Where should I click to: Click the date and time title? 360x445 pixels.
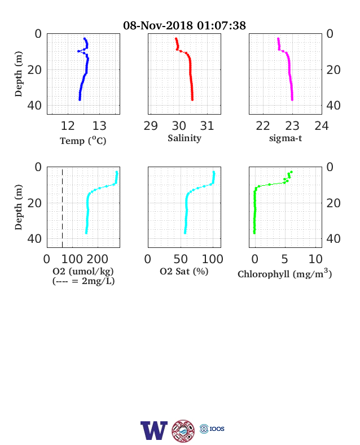pyautogui.click(x=185, y=25)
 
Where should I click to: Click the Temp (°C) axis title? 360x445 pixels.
pyautogui.click(x=83, y=141)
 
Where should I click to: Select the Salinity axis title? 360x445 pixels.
pyautogui.click(x=185, y=138)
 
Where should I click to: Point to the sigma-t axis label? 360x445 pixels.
pyautogui.click(x=286, y=138)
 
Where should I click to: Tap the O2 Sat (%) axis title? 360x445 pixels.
pyautogui.click(x=184, y=271)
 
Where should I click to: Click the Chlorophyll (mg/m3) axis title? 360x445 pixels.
pyautogui.click(x=284, y=273)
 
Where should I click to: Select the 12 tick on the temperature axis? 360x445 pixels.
pyautogui.click(x=68, y=126)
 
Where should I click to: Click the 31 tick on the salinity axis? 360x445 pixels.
pyautogui.click(x=207, y=126)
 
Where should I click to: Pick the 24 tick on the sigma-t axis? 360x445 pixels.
pyautogui.click(x=322, y=126)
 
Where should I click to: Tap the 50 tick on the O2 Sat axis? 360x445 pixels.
pyautogui.click(x=181, y=259)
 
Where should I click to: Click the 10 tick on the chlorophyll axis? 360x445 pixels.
pyautogui.click(x=315, y=259)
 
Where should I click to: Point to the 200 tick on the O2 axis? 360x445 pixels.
pyautogui.click(x=97, y=259)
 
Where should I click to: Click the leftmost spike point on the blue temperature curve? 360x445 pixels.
pyautogui.click(x=78, y=51)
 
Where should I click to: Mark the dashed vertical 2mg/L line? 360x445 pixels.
pyautogui.click(x=63, y=207)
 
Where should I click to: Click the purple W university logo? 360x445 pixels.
pyautogui.click(x=154, y=430)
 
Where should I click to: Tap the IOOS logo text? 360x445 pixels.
pyautogui.click(x=217, y=429)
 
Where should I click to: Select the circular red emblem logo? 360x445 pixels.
pyautogui.click(x=183, y=431)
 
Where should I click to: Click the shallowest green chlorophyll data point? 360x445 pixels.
pyautogui.click(x=291, y=172)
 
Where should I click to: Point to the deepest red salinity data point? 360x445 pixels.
pyautogui.click(x=192, y=99)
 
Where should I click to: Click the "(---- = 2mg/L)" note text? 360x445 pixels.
pyautogui.click(x=84, y=281)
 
